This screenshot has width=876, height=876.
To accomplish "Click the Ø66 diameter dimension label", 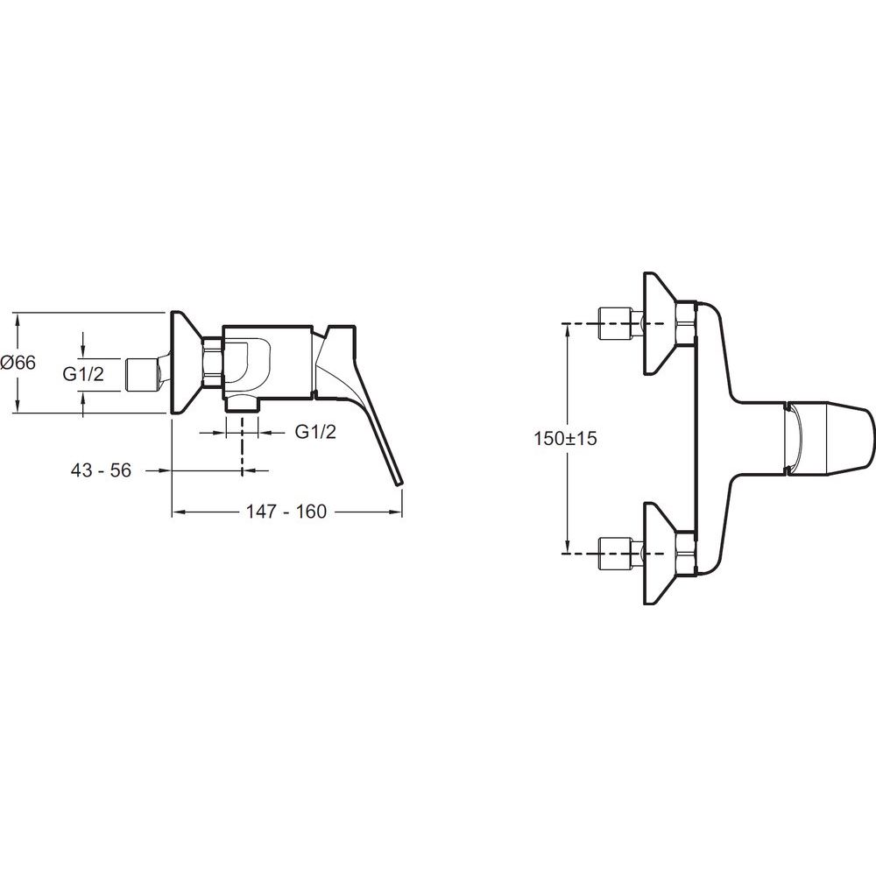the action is [x=18, y=363].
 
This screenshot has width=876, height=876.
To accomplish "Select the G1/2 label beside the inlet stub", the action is [x=83, y=374].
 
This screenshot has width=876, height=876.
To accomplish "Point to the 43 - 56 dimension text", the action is [x=101, y=470].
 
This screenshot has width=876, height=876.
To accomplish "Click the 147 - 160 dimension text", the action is [x=286, y=512].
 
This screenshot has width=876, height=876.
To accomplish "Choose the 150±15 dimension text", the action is [x=565, y=438].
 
